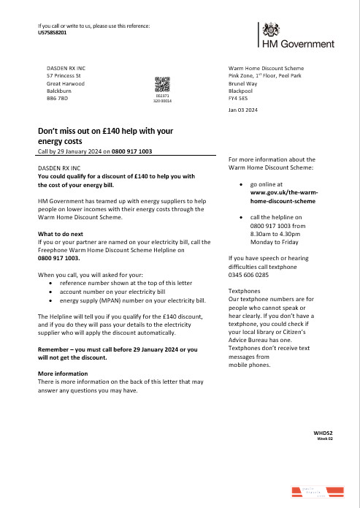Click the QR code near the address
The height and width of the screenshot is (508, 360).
tap(162, 85)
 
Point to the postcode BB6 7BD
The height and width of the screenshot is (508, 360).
tap(57, 97)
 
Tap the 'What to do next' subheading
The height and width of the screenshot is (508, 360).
tap(62, 234)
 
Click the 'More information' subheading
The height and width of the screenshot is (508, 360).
tap(63, 374)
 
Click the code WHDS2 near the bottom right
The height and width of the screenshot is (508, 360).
tap(323, 433)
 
